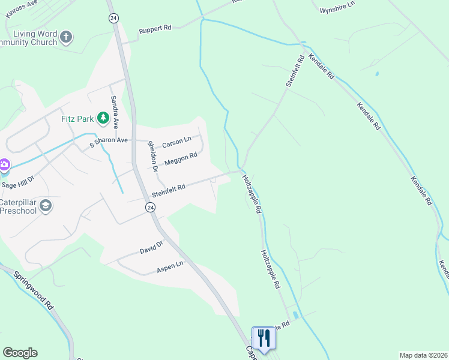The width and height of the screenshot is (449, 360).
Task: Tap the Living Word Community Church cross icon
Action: click(66, 38)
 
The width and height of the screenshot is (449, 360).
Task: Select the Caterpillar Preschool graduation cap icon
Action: click(45, 206)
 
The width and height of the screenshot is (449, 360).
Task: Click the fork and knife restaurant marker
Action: click(264, 338)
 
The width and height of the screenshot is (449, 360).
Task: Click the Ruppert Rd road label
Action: click(155, 28)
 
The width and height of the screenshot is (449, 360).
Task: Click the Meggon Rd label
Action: click(181, 158)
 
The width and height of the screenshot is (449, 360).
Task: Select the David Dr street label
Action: click(151, 247)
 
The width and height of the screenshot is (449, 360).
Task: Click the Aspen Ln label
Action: click(170, 266)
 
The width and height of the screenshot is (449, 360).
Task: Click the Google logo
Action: click(20, 352)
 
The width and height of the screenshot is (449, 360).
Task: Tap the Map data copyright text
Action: click(423, 355)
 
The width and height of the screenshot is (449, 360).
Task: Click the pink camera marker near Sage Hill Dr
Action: click(3, 164)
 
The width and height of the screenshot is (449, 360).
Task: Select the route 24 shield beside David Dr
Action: click(149, 206)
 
